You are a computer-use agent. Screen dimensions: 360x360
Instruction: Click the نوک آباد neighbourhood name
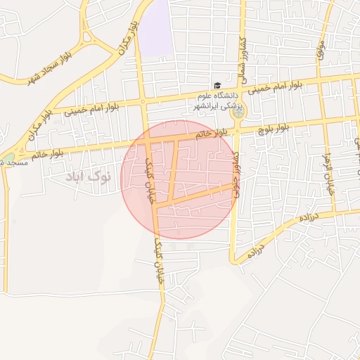pyautogui.click(x=89, y=176)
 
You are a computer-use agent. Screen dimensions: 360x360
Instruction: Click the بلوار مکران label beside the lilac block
pyautogui.click(x=127, y=32)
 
